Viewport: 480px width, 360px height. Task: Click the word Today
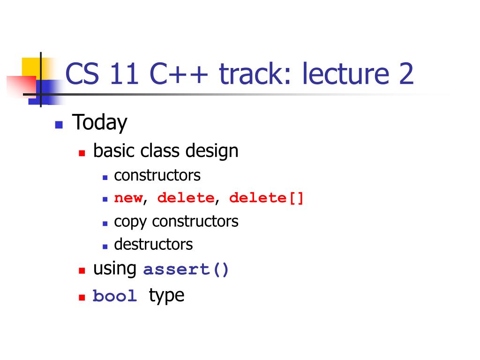point(99,123)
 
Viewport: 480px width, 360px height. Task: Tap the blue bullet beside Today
point(59,125)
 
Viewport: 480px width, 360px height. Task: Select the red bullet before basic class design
point(82,153)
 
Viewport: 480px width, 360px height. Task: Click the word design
point(212,151)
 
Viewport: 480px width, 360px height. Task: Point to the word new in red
point(128,198)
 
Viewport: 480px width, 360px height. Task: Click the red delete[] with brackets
point(266,198)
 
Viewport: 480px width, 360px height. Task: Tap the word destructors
point(153,244)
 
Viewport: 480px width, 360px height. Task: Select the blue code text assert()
point(186,270)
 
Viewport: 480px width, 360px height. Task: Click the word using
point(115,269)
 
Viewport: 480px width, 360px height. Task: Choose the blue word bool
point(115,296)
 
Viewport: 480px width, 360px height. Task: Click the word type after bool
point(166,296)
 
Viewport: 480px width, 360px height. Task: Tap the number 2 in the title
point(406,74)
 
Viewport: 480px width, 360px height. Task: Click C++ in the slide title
point(179,74)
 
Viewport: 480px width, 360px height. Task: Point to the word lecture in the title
point(345,74)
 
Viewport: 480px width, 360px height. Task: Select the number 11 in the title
point(124,74)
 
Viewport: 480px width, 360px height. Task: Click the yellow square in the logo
point(32,68)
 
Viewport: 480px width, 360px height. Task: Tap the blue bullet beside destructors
point(105,247)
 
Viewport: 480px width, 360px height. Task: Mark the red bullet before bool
point(82,297)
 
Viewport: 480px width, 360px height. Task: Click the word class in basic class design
point(160,151)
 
